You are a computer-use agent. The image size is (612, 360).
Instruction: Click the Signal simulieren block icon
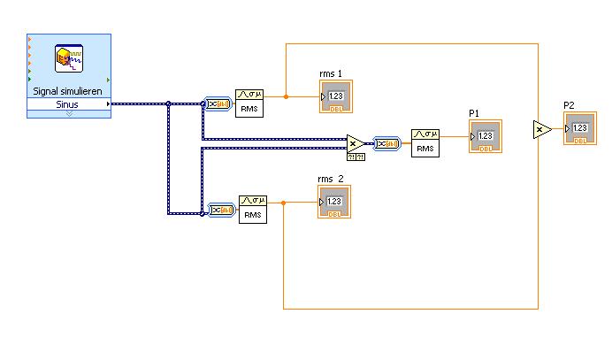tap(69, 58)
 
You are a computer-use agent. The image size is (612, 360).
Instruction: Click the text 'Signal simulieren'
tap(69, 90)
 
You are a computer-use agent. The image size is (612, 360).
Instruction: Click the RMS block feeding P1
tap(425, 142)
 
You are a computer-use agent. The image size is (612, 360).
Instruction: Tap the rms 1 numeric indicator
tap(335, 96)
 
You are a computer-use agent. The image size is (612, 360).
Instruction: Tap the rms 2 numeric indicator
tap(334, 203)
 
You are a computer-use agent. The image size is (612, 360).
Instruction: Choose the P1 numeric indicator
tap(485, 136)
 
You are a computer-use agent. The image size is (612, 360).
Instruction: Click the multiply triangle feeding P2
tap(541, 130)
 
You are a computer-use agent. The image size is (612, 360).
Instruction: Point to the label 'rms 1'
tap(331, 73)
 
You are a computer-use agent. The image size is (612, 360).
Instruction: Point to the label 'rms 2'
tap(331, 180)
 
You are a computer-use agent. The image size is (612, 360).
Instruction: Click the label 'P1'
tap(474, 113)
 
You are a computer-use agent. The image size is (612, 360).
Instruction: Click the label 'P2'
tap(570, 106)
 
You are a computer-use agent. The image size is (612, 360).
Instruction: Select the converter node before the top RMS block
tap(218, 103)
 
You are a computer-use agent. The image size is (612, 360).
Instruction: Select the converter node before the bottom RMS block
tap(220, 210)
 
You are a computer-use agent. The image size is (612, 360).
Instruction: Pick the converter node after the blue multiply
tap(386, 142)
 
